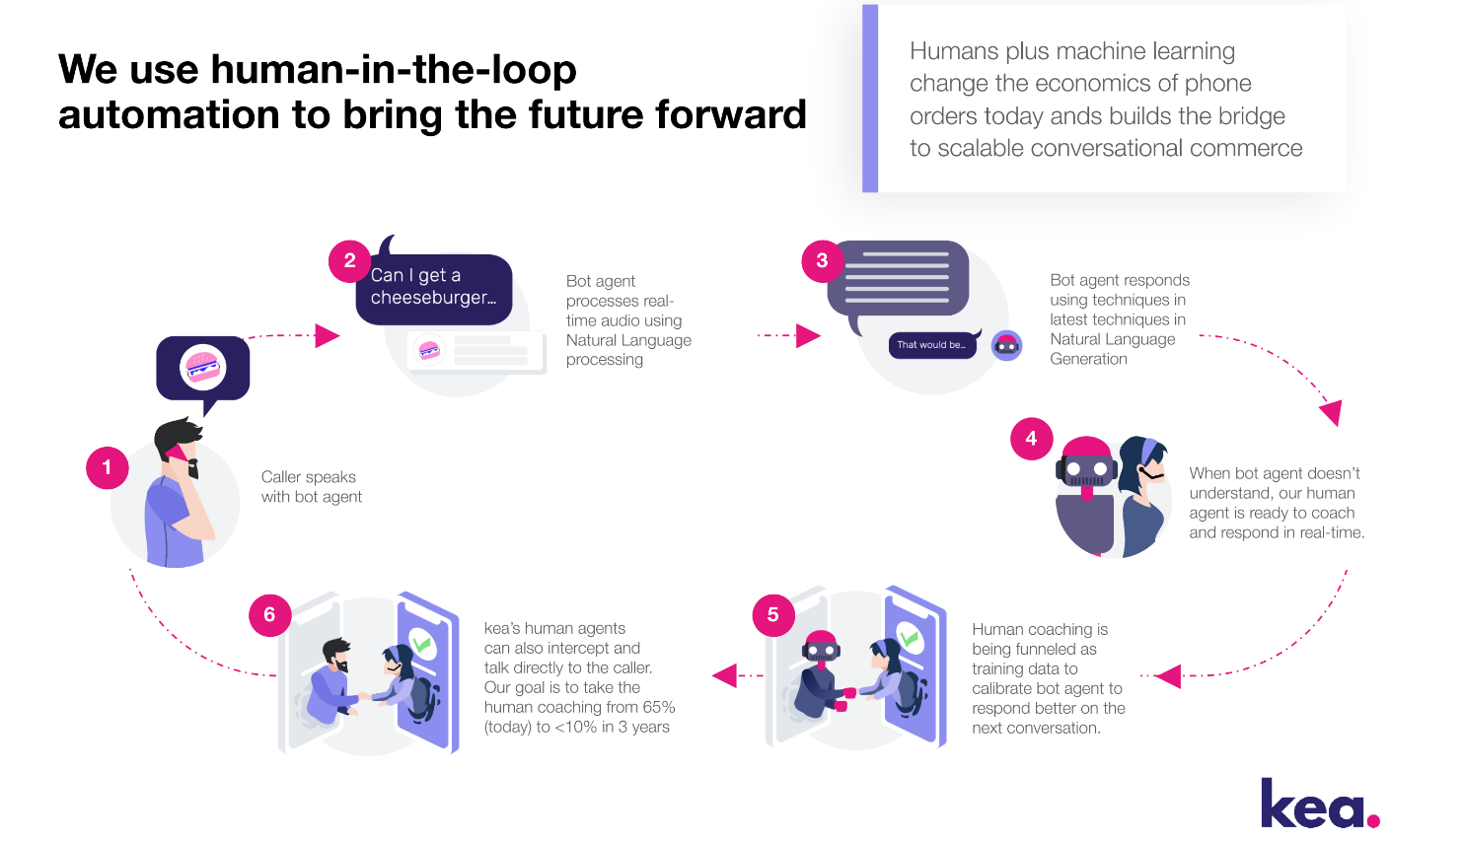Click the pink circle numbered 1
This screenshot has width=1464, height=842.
point(108,467)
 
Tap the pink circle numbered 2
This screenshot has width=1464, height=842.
point(349,260)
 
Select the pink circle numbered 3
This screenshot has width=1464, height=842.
point(822,260)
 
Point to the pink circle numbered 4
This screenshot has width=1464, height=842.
point(1031,439)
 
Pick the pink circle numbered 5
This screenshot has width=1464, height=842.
point(773,614)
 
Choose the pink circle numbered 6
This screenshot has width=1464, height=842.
point(270,614)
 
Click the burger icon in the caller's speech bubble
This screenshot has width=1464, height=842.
point(202,367)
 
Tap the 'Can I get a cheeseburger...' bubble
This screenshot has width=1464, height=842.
point(434,289)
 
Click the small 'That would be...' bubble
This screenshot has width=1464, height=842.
point(932,345)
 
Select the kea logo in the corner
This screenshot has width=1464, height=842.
point(1320,803)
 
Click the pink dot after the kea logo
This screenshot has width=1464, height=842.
point(1373,820)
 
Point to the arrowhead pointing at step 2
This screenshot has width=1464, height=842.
point(328,336)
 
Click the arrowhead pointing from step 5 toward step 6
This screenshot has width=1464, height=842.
point(725,675)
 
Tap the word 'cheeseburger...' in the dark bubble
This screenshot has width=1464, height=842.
point(433,298)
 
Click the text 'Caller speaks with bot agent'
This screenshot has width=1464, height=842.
point(311,487)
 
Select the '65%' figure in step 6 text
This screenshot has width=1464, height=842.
point(658,707)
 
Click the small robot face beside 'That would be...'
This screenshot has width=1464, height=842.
point(1006,345)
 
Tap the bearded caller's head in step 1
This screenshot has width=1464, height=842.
point(179,447)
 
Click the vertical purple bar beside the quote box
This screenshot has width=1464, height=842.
point(870,98)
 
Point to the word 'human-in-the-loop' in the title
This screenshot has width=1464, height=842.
point(394,69)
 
